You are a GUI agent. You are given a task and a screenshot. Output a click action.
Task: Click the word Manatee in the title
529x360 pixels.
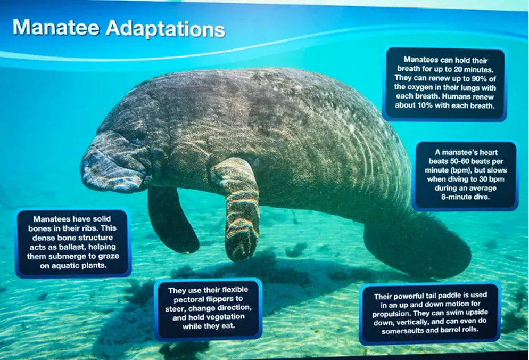point(56,27)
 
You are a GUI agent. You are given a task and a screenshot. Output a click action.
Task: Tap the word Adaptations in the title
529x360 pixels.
point(166,29)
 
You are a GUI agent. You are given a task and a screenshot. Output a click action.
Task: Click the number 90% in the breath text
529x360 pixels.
point(479,78)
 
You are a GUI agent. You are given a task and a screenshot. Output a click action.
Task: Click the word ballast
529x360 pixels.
point(67,247)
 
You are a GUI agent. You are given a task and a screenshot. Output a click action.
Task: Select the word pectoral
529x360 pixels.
point(189,299)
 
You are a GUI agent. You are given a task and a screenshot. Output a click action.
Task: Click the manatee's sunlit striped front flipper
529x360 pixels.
point(239,209)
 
